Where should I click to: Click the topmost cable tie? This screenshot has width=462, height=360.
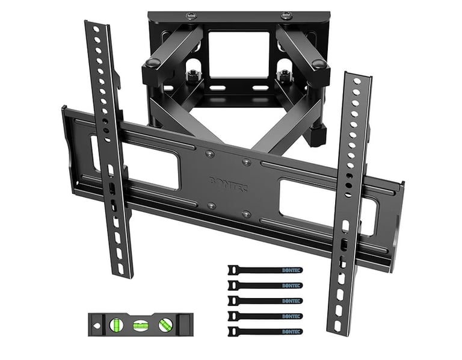[x=264, y=270]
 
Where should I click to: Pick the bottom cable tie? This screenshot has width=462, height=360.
[x=264, y=331]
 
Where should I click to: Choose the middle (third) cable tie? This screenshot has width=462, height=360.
[x=264, y=300]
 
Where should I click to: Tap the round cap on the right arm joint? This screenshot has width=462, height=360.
[x=320, y=63]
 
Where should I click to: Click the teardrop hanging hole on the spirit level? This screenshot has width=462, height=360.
[x=96, y=324]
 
